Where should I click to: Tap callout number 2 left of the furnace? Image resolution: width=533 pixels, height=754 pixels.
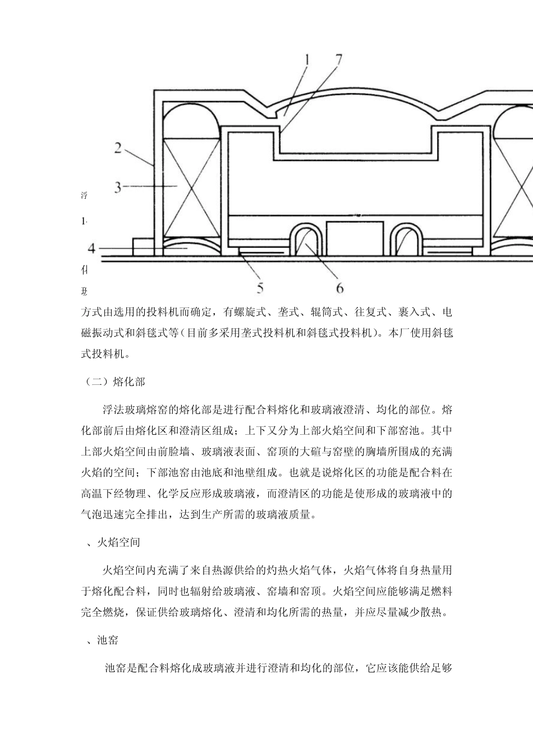[x=118, y=148]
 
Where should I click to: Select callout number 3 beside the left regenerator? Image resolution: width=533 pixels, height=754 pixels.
[x=118, y=186]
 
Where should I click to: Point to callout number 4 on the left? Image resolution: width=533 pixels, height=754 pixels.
[x=91, y=248]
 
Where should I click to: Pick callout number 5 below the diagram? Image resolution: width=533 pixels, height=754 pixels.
[x=260, y=288]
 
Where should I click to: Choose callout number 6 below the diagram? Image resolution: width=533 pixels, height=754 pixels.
[x=340, y=288]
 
